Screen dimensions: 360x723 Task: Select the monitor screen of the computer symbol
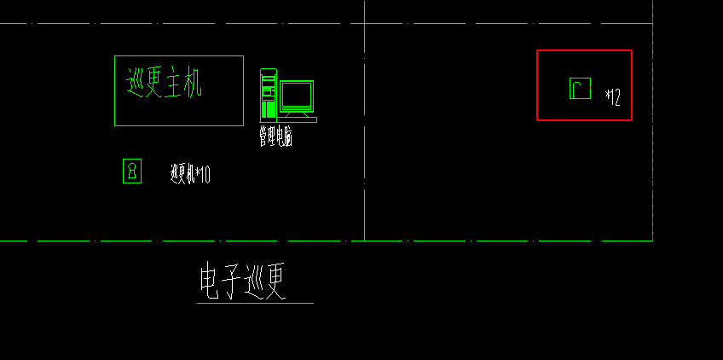297,95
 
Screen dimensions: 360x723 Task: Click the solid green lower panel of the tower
269,109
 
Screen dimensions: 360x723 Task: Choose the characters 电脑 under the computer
285,137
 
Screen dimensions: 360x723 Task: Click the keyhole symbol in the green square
132,171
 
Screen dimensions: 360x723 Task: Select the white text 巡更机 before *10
182,175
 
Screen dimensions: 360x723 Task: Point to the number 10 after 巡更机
205,175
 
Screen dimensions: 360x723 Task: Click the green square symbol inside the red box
580,88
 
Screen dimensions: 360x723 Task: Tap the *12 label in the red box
613,97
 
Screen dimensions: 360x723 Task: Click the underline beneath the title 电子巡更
255,303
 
